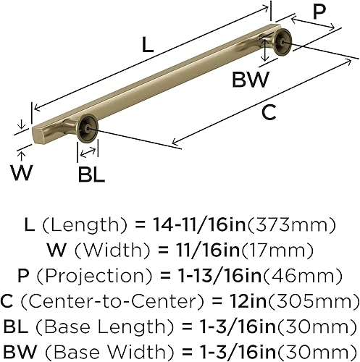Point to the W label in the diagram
(22, 172)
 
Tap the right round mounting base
(281, 44)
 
